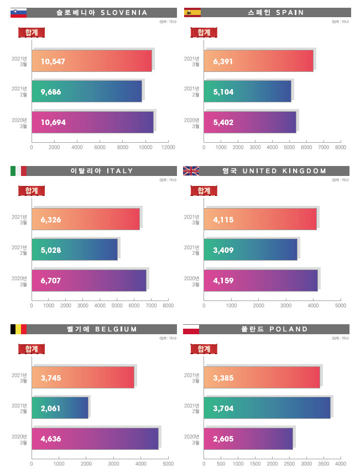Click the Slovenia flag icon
point(18,12)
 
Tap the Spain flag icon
point(192,12)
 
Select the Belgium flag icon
point(18,330)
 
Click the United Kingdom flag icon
point(192,171)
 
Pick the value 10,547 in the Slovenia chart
point(53,61)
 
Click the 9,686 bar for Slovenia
point(87,91)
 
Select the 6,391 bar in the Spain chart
point(259,61)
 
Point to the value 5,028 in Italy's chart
point(51,250)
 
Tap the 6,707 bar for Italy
point(89,281)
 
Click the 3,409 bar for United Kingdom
point(252,250)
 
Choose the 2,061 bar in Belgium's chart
point(60,408)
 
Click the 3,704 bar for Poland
point(268,408)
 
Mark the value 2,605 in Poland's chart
point(223,439)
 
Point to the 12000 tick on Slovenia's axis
point(168,148)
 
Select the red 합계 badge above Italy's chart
point(32,191)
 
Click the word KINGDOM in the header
point(304,171)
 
